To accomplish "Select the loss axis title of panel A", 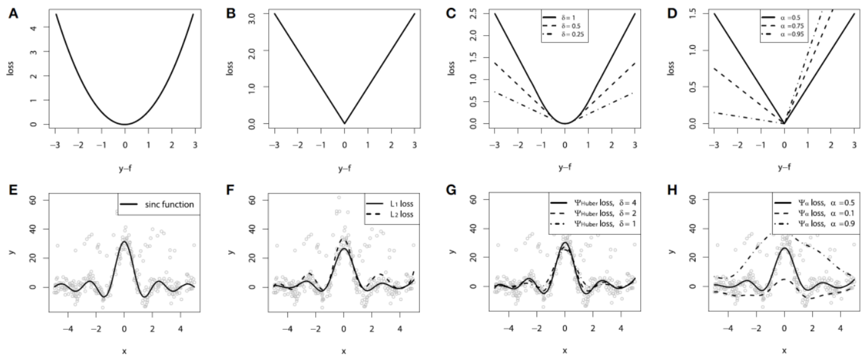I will click(x=10, y=68).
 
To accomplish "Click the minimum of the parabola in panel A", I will click(x=125, y=125).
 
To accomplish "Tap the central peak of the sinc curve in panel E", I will click(x=125, y=242).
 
